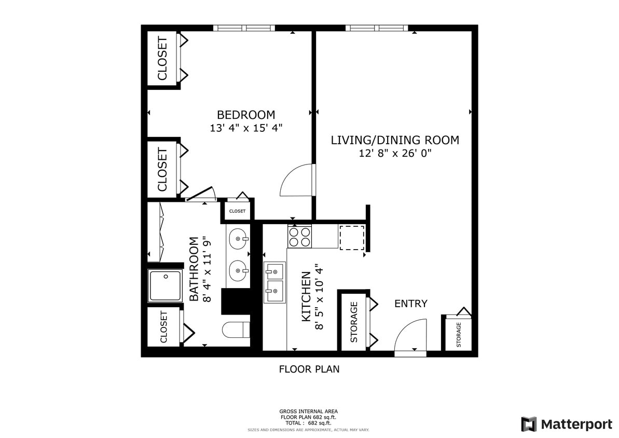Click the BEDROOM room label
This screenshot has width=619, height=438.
246,115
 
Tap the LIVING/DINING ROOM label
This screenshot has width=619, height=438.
395,140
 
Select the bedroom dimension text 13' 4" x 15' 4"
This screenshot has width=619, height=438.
246,128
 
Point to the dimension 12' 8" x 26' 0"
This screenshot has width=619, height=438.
395,153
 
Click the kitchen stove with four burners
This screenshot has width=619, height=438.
299,237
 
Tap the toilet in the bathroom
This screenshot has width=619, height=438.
236,330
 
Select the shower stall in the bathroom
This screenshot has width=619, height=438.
165,285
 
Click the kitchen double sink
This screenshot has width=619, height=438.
274,283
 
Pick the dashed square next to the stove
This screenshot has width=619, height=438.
352,238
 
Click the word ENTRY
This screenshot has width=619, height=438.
410,304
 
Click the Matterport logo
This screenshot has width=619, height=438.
566,424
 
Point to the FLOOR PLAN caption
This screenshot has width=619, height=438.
309,369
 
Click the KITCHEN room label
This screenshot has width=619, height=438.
306,296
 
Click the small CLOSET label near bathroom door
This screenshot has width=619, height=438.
237,211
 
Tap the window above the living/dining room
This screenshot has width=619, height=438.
377,28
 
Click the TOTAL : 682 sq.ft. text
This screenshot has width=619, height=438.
309,423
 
